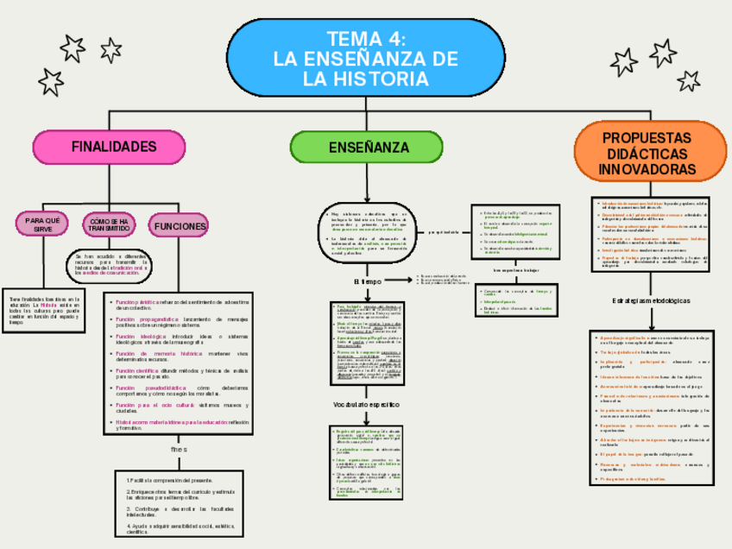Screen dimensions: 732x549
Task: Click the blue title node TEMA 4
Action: (x=363, y=58)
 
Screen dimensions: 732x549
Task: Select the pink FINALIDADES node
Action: (x=114, y=146)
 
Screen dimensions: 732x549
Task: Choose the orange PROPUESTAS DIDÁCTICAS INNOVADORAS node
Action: (x=646, y=155)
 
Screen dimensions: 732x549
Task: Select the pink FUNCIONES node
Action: (x=180, y=226)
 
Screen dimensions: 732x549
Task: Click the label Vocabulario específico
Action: (x=369, y=405)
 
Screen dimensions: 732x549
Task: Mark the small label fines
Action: (x=179, y=451)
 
